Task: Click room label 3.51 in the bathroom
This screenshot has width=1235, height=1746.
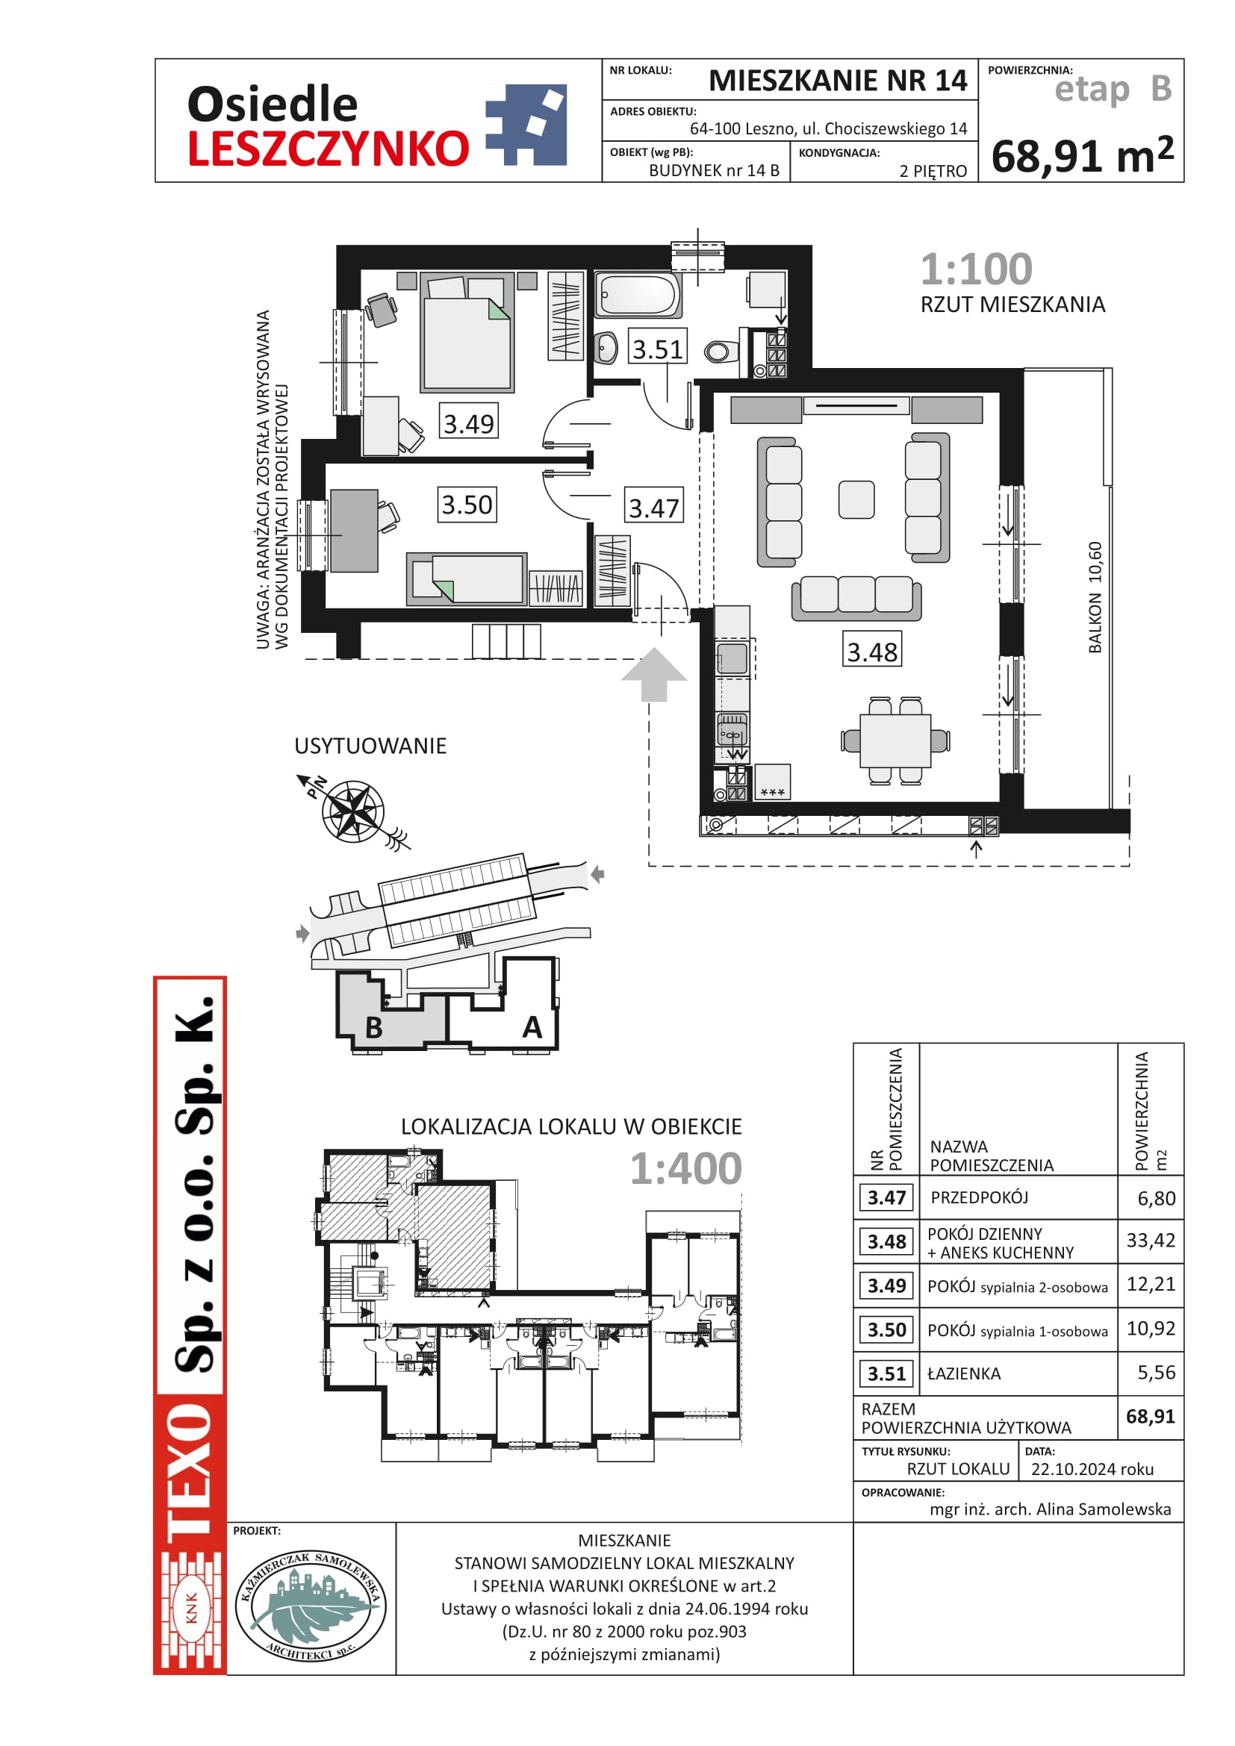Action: [x=659, y=349]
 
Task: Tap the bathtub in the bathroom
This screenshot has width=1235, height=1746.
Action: [x=637, y=293]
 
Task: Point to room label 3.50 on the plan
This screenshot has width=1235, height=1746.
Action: [x=467, y=504]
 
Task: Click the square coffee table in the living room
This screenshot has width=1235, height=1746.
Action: [x=856, y=499]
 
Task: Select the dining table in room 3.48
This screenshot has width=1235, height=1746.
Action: [x=895, y=740]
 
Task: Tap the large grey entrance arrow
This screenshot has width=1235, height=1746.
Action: [x=654, y=674]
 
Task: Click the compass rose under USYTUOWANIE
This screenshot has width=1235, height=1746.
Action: [x=352, y=812]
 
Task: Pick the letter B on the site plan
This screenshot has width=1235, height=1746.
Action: [x=373, y=1027]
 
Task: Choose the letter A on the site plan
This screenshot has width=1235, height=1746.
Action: [x=532, y=1027]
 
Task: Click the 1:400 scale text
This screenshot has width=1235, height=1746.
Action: [x=685, y=1168]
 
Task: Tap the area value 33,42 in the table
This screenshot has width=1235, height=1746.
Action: [x=1151, y=1241]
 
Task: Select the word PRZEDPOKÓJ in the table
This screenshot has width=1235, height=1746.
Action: [x=980, y=1197]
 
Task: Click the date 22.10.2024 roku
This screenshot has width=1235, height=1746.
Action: [x=1092, y=1469]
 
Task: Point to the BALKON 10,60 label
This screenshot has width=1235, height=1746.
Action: [x=1095, y=597]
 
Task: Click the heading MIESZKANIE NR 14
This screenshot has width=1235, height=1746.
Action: [x=838, y=81]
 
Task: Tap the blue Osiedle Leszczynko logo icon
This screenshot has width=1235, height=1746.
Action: [x=526, y=125]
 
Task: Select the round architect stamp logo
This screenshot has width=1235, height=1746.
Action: [x=311, y=1606]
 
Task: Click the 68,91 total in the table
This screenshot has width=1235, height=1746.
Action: [x=1151, y=1416]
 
